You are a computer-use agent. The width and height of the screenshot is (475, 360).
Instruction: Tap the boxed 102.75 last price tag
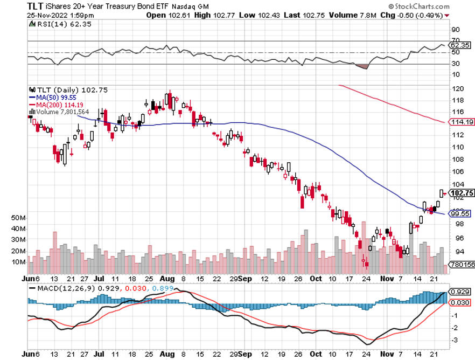coord(459,193)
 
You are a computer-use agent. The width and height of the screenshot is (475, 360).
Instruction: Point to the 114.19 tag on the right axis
coord(459,122)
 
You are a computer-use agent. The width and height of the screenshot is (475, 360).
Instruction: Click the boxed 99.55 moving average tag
coord(459,213)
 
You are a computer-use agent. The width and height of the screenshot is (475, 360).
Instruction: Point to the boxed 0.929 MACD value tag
coord(459,292)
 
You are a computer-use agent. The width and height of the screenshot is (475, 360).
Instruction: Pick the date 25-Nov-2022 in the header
coord(47,15)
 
